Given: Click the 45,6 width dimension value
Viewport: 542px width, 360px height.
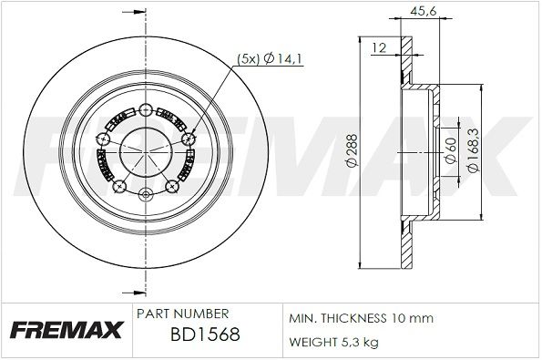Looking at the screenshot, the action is [x=424, y=11].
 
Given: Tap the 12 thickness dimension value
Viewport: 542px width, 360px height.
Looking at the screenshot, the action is [x=379, y=47].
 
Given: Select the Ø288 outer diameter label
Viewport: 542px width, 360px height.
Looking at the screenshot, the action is [x=353, y=150].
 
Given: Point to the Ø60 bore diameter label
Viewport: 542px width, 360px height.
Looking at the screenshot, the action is [x=451, y=150].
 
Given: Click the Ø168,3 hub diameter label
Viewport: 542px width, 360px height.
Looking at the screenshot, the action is [x=473, y=149].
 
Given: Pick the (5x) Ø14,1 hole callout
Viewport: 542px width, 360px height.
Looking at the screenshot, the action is [x=270, y=59].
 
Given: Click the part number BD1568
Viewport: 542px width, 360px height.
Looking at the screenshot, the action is [x=205, y=334].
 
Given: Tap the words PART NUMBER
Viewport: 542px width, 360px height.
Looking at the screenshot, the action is [x=182, y=314].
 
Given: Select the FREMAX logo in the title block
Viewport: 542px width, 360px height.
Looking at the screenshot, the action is [x=66, y=329].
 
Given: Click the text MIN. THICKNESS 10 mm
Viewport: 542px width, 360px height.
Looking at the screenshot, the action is [x=361, y=318].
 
